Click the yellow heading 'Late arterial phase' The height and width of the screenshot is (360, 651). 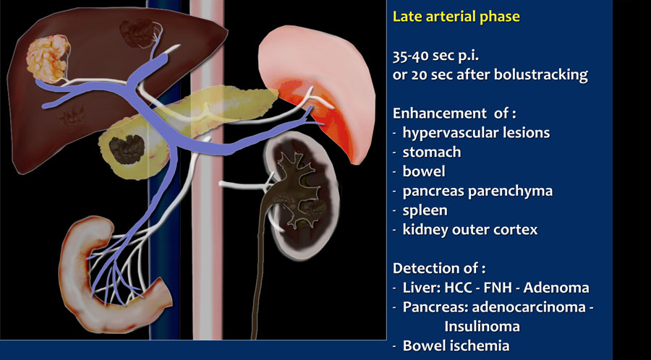pyautogui.click(x=456, y=17)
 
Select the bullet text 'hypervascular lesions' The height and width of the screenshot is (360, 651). pyautogui.click(x=476, y=133)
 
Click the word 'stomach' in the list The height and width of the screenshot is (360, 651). pyautogui.click(x=432, y=153)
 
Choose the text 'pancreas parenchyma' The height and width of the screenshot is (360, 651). pyautogui.click(x=477, y=191)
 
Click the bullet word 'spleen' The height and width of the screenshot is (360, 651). pyautogui.click(x=425, y=210)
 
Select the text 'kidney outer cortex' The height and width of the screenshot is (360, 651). pyautogui.click(x=470, y=230)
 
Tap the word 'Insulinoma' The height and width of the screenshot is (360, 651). pyautogui.click(x=482, y=327)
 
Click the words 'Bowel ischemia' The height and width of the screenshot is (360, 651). pyautogui.click(x=456, y=346)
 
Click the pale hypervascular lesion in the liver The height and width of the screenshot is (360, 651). pyautogui.click(x=46, y=58)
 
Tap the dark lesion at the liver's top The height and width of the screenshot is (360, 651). pyautogui.click(x=137, y=33)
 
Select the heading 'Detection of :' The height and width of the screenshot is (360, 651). pyautogui.click(x=439, y=268)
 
